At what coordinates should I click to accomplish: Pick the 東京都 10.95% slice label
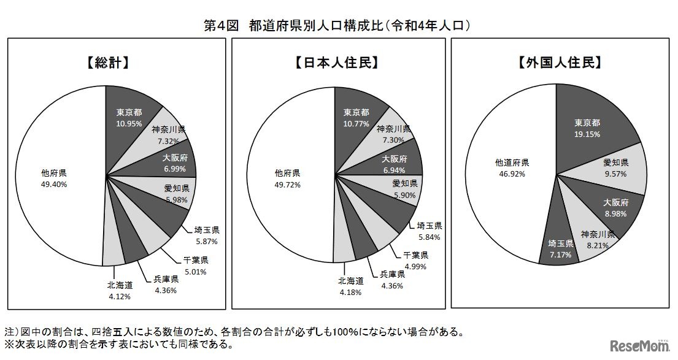tap(129, 117)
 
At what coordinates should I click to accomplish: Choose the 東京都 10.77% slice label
tap(356, 117)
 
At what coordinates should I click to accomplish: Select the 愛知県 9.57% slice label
tap(615, 168)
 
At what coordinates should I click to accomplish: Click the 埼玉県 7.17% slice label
tap(561, 248)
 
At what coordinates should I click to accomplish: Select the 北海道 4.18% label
tap(351, 286)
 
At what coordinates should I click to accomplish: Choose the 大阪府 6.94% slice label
tap(395, 163)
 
